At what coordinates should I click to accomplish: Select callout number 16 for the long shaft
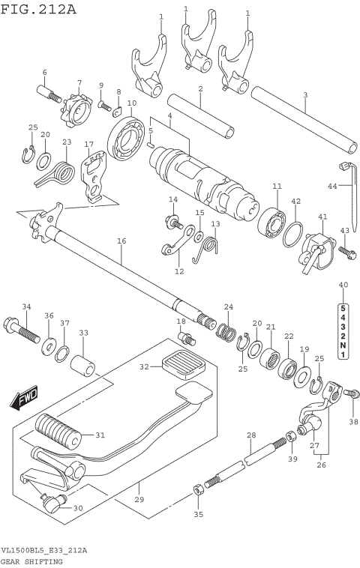tap(121, 241)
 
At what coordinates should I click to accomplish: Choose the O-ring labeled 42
tap(293, 235)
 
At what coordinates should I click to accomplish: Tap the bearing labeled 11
tap(271, 221)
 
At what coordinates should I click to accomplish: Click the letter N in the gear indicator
tap(343, 345)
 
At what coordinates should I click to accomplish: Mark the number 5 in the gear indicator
tap(343, 308)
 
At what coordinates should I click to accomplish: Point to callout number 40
tap(343, 285)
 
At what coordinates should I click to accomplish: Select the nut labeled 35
tap(197, 490)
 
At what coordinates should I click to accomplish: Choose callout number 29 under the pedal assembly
tap(139, 499)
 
